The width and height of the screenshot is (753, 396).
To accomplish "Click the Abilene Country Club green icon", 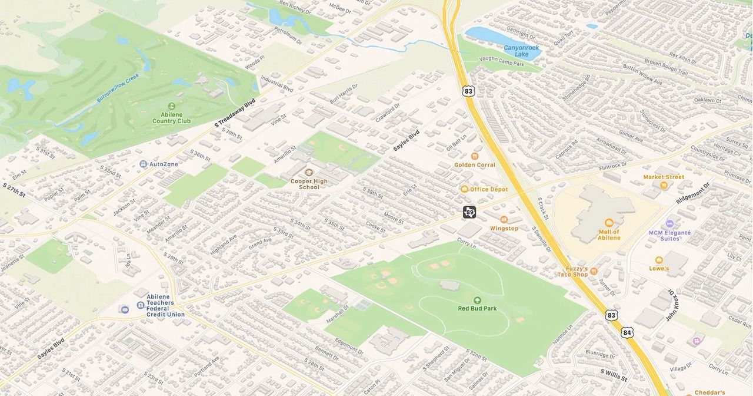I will [x=172, y=106].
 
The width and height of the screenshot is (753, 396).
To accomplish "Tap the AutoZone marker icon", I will [x=144, y=164].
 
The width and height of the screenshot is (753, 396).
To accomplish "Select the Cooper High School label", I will [x=309, y=184].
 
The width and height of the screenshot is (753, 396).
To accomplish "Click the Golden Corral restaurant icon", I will [x=475, y=156].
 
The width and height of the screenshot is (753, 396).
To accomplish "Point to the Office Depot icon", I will [x=464, y=189].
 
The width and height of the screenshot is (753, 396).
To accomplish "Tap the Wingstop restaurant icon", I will [x=504, y=219].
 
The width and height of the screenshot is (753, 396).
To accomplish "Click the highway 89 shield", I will [x=469, y=212].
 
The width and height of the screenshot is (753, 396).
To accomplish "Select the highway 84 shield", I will [x=627, y=333].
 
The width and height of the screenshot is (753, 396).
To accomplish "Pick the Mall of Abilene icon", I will [x=609, y=223].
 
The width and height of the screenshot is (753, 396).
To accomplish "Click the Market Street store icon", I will [x=664, y=186].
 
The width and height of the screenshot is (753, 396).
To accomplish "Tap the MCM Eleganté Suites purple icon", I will [x=669, y=224].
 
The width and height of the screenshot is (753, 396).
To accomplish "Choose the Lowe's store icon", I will [x=659, y=260].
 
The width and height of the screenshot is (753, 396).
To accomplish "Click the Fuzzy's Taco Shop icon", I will [x=594, y=271].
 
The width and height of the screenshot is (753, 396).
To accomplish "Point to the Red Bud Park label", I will [x=477, y=308].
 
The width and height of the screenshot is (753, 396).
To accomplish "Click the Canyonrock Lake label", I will [x=522, y=51].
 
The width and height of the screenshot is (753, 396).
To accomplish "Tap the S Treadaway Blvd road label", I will [x=235, y=113].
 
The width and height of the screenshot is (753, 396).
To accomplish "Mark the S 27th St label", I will [x=14, y=190].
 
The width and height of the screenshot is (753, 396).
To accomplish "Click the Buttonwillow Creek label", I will [x=118, y=88].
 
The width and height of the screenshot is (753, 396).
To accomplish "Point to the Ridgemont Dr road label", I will [x=693, y=193].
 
